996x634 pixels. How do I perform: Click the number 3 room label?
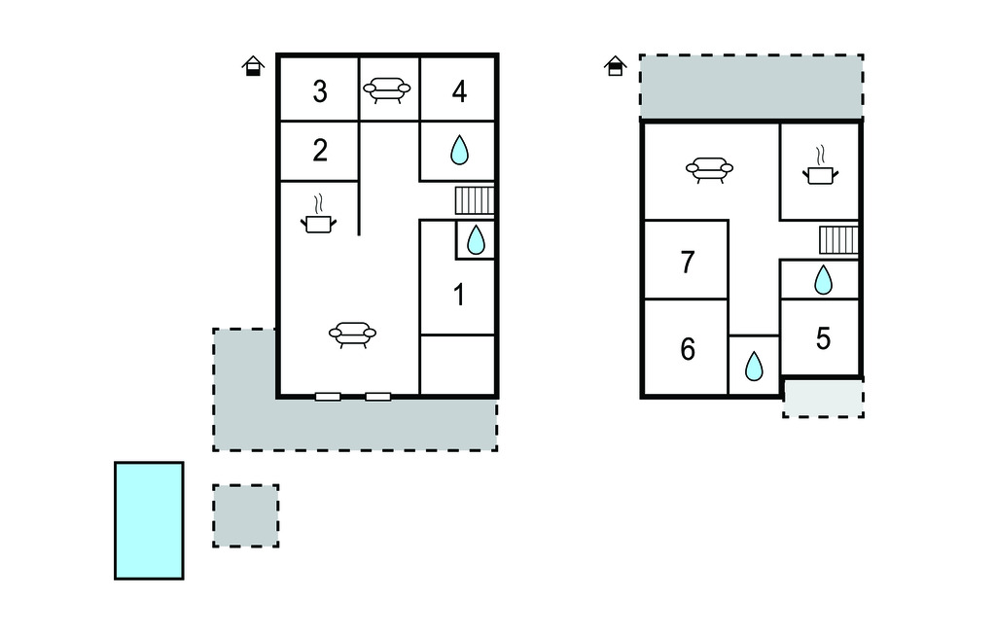click(x=320, y=91)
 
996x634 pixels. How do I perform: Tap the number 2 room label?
click(x=320, y=151)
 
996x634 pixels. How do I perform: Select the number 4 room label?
click(x=459, y=91)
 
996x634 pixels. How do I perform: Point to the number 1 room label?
click(x=459, y=296)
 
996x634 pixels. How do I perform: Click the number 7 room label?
click(x=688, y=263)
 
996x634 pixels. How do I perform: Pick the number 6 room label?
click(x=688, y=349)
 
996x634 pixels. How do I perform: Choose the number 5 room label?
click(x=823, y=338)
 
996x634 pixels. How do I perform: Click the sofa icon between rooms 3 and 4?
click(x=387, y=90)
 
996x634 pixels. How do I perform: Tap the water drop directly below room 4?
click(x=459, y=151)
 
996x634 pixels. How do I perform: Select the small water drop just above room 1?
click(x=476, y=240)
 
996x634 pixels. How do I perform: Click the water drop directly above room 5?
click(x=823, y=280)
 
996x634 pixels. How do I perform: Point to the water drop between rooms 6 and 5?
click(x=754, y=366)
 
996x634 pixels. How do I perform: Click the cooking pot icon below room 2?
click(x=318, y=215)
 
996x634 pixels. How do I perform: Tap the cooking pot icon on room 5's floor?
click(x=821, y=166)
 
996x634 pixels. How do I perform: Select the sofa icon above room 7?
click(x=709, y=170)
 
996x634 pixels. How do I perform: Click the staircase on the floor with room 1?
click(x=475, y=200)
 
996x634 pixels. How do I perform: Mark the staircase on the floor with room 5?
click(x=838, y=240)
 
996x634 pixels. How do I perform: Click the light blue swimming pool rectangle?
click(x=149, y=521)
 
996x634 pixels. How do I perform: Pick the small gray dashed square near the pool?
click(x=246, y=515)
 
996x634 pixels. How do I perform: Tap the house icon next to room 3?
click(x=253, y=66)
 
